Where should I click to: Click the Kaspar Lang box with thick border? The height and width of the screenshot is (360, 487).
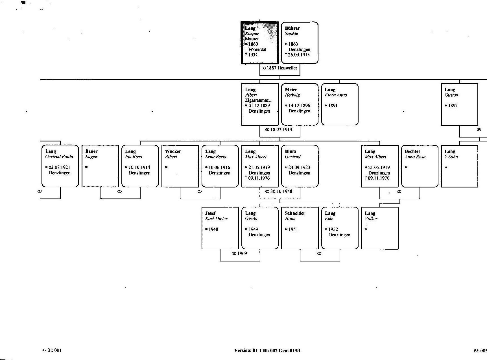(260, 43)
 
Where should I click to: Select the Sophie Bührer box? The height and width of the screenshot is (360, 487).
(300, 43)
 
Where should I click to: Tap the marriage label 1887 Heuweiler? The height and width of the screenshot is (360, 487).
(279, 68)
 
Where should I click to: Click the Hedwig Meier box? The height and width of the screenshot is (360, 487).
(300, 104)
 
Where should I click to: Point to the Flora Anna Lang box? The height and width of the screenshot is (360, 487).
(340, 104)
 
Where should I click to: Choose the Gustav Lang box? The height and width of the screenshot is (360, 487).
(460, 104)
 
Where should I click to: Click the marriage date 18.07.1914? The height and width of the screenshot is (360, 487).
(279, 130)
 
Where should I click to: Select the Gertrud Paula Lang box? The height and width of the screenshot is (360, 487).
(60, 166)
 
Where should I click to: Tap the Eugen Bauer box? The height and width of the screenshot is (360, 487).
(100, 166)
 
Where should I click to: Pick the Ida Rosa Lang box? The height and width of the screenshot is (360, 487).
(140, 166)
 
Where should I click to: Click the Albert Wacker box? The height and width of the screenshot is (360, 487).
(180, 166)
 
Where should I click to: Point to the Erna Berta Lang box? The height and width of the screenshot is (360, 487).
(220, 166)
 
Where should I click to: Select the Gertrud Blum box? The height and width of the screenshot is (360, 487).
(300, 166)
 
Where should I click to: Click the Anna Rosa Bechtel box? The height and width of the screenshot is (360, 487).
(420, 166)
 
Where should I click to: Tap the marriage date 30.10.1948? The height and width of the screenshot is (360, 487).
(279, 191)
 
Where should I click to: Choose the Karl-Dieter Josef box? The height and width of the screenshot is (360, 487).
(220, 228)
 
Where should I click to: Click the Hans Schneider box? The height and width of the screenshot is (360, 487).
(300, 228)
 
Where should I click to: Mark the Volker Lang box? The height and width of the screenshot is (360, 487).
(380, 228)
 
